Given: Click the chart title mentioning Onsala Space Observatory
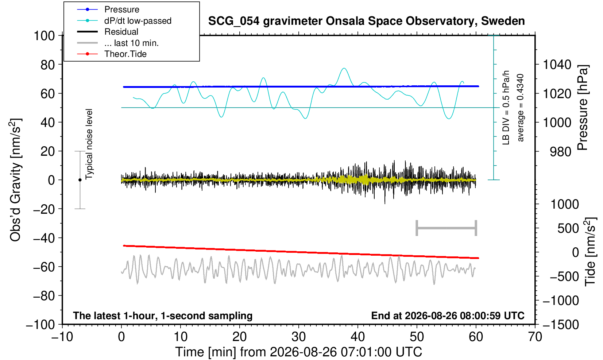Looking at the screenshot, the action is click(x=366, y=21).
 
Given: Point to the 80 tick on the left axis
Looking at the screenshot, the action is click(x=48, y=65).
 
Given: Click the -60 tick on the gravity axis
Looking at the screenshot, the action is click(x=44, y=267).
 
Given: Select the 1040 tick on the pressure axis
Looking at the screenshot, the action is click(x=557, y=65).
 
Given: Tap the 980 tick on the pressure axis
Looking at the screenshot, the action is click(x=560, y=152).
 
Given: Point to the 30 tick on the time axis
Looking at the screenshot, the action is click(x=299, y=337).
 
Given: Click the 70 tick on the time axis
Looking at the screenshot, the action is click(x=535, y=337).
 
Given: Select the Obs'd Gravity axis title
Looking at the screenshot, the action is click(x=15, y=180).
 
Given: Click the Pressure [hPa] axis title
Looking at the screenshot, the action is click(x=583, y=108).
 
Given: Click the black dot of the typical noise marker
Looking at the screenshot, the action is click(x=80, y=180).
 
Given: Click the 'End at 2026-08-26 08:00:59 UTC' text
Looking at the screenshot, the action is click(x=448, y=316).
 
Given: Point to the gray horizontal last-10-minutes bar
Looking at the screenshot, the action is click(x=447, y=228).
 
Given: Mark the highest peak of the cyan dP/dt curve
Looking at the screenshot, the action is click(x=344, y=68).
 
